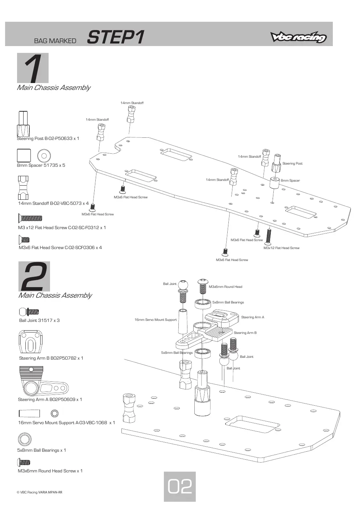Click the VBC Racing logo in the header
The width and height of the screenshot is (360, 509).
(298, 37)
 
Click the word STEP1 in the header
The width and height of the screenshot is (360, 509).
(115, 37)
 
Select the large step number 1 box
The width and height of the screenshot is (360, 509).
(33, 68)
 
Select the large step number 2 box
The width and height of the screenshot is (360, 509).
(34, 276)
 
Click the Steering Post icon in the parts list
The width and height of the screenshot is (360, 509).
(23, 124)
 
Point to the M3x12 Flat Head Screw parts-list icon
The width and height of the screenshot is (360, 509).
(30, 218)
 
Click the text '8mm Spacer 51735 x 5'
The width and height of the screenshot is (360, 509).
(41, 165)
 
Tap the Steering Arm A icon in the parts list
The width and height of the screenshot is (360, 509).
(43, 381)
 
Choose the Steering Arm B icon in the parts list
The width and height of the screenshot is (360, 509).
(30, 342)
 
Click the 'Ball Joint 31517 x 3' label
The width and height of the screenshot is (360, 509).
(39, 320)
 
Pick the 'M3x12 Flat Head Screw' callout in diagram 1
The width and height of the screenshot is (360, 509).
(281, 248)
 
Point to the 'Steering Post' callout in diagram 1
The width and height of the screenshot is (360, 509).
(292, 164)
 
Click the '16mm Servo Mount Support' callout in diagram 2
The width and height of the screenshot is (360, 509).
(156, 320)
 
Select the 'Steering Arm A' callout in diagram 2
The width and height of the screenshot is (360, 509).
(252, 317)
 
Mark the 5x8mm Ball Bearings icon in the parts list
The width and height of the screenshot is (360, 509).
(24, 439)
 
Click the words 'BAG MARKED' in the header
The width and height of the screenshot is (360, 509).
(55, 41)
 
